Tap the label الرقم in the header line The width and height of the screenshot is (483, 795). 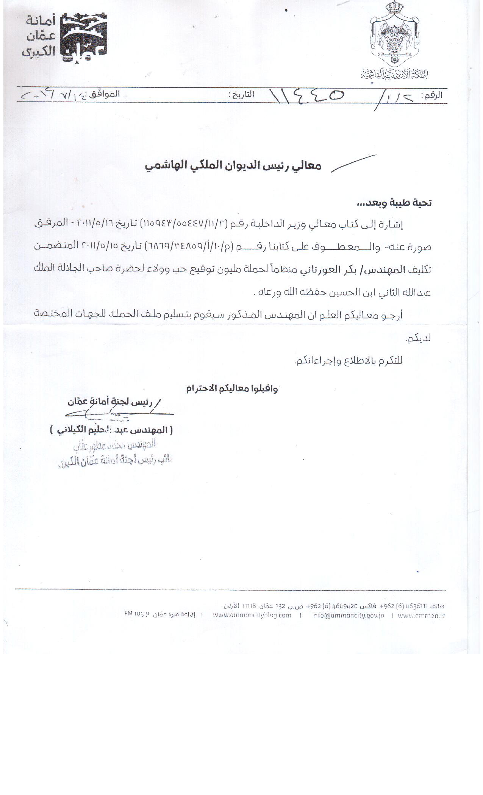click(x=431, y=96)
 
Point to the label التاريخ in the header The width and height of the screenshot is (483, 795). click(x=241, y=94)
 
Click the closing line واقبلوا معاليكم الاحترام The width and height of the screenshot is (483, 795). click(x=232, y=389)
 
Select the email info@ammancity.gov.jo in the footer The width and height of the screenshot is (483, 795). click(x=348, y=616)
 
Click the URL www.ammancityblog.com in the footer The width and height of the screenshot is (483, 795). click(x=252, y=616)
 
